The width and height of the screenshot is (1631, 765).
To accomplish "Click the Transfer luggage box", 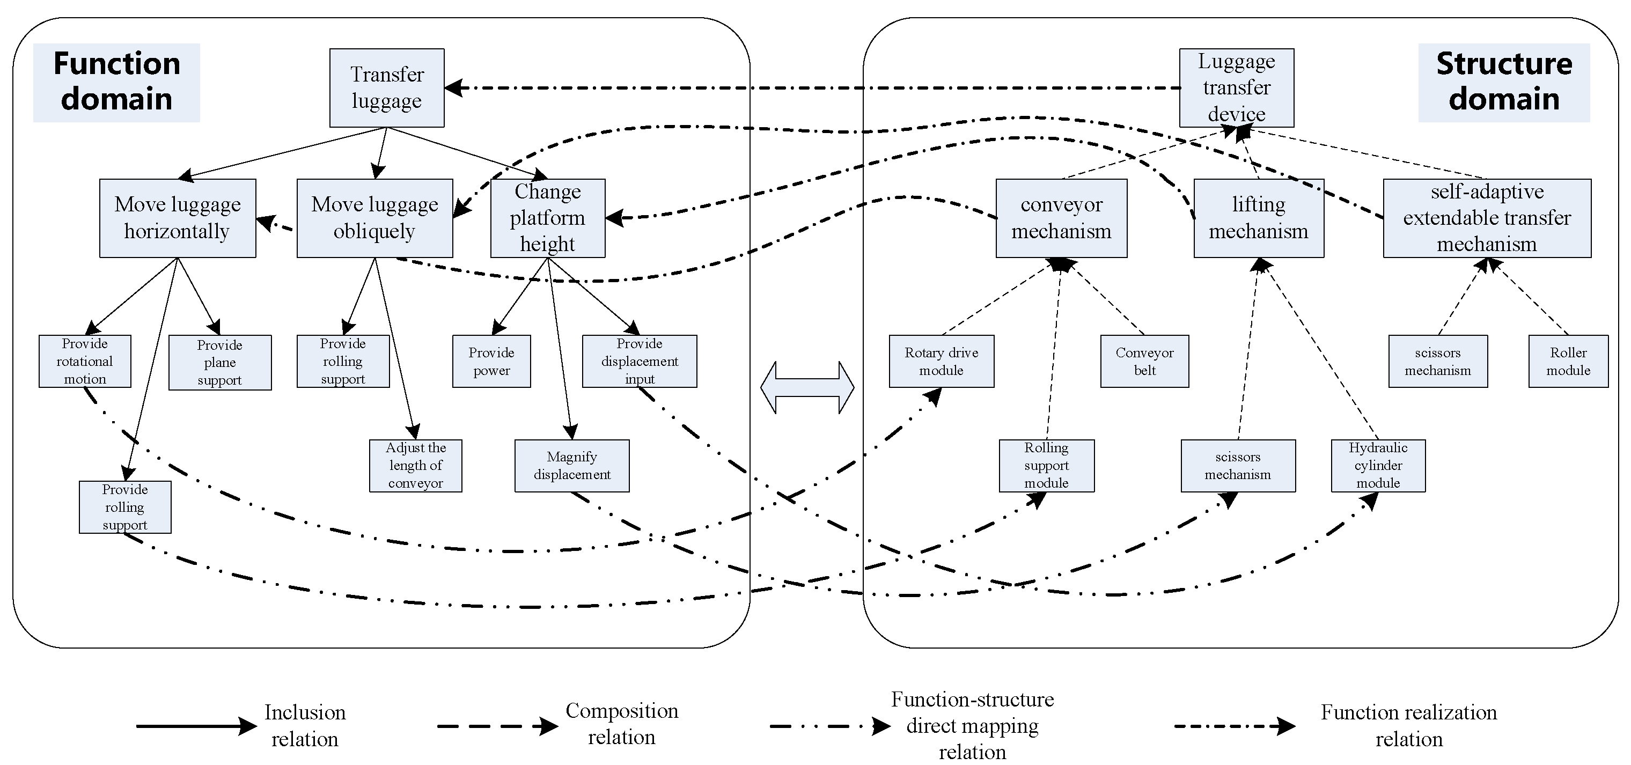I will pyautogui.click(x=387, y=87).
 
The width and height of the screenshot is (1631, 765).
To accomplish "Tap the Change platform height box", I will pyautogui.click(x=548, y=218).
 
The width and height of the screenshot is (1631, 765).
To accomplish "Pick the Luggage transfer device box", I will pyautogui.click(x=1236, y=87).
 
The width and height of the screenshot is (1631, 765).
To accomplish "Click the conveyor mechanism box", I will pyautogui.click(x=1061, y=218).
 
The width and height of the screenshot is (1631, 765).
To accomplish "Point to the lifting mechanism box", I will pyautogui.click(x=1258, y=218).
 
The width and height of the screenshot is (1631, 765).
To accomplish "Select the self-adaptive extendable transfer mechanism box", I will pyautogui.click(x=1486, y=218).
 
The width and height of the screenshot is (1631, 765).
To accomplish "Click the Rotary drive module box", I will pyautogui.click(x=941, y=361).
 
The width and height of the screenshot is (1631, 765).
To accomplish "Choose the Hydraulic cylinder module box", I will pyautogui.click(x=1378, y=466).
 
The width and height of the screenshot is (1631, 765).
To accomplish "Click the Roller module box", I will pyautogui.click(x=1568, y=361).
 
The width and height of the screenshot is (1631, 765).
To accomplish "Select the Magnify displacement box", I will pyautogui.click(x=572, y=466).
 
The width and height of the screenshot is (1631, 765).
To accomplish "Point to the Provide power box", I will pyautogui.click(x=491, y=361).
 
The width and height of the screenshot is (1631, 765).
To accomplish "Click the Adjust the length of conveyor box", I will pyautogui.click(x=415, y=466).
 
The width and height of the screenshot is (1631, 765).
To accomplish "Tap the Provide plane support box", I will pyautogui.click(x=220, y=362).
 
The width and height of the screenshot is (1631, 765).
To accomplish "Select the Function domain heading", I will pyautogui.click(x=116, y=82).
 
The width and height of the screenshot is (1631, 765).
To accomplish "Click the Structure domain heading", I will pyautogui.click(x=1503, y=82).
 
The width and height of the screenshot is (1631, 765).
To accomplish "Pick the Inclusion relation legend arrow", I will pyautogui.click(x=196, y=726).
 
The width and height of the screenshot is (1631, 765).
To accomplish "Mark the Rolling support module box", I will pyautogui.click(x=1046, y=466).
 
